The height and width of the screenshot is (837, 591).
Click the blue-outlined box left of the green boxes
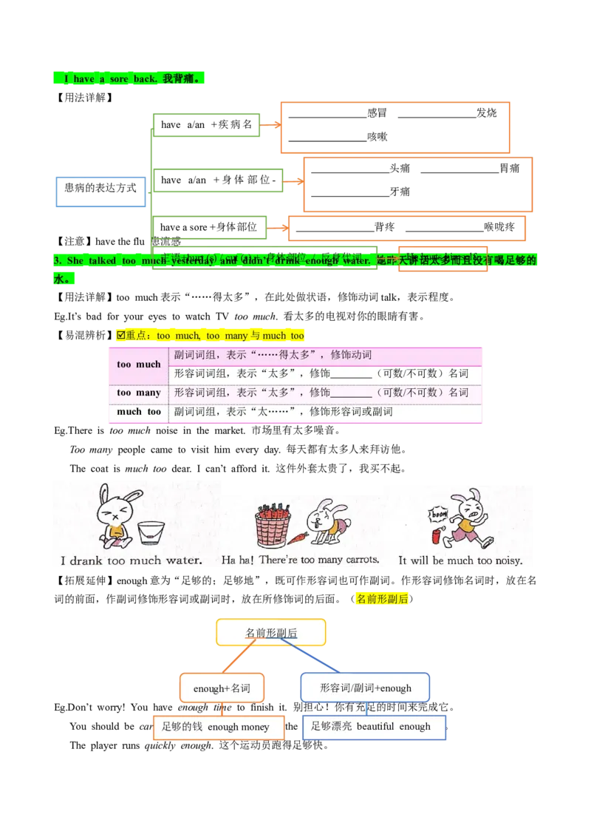pos(100,193)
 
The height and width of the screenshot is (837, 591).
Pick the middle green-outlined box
pos(219,180)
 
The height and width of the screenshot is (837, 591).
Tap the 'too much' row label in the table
pos(138,365)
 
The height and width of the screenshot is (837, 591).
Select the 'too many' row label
pos(138,393)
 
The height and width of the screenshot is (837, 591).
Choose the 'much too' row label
pos(138,412)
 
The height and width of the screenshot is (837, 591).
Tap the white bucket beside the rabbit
pos(151,533)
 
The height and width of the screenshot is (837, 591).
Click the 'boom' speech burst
pos(439,513)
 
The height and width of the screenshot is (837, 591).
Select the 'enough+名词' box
pos(222,688)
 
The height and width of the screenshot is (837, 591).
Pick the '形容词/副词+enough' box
pos(365,688)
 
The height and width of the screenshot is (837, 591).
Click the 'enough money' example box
pos(217,727)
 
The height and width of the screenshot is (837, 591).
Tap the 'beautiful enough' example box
pos(374,727)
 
